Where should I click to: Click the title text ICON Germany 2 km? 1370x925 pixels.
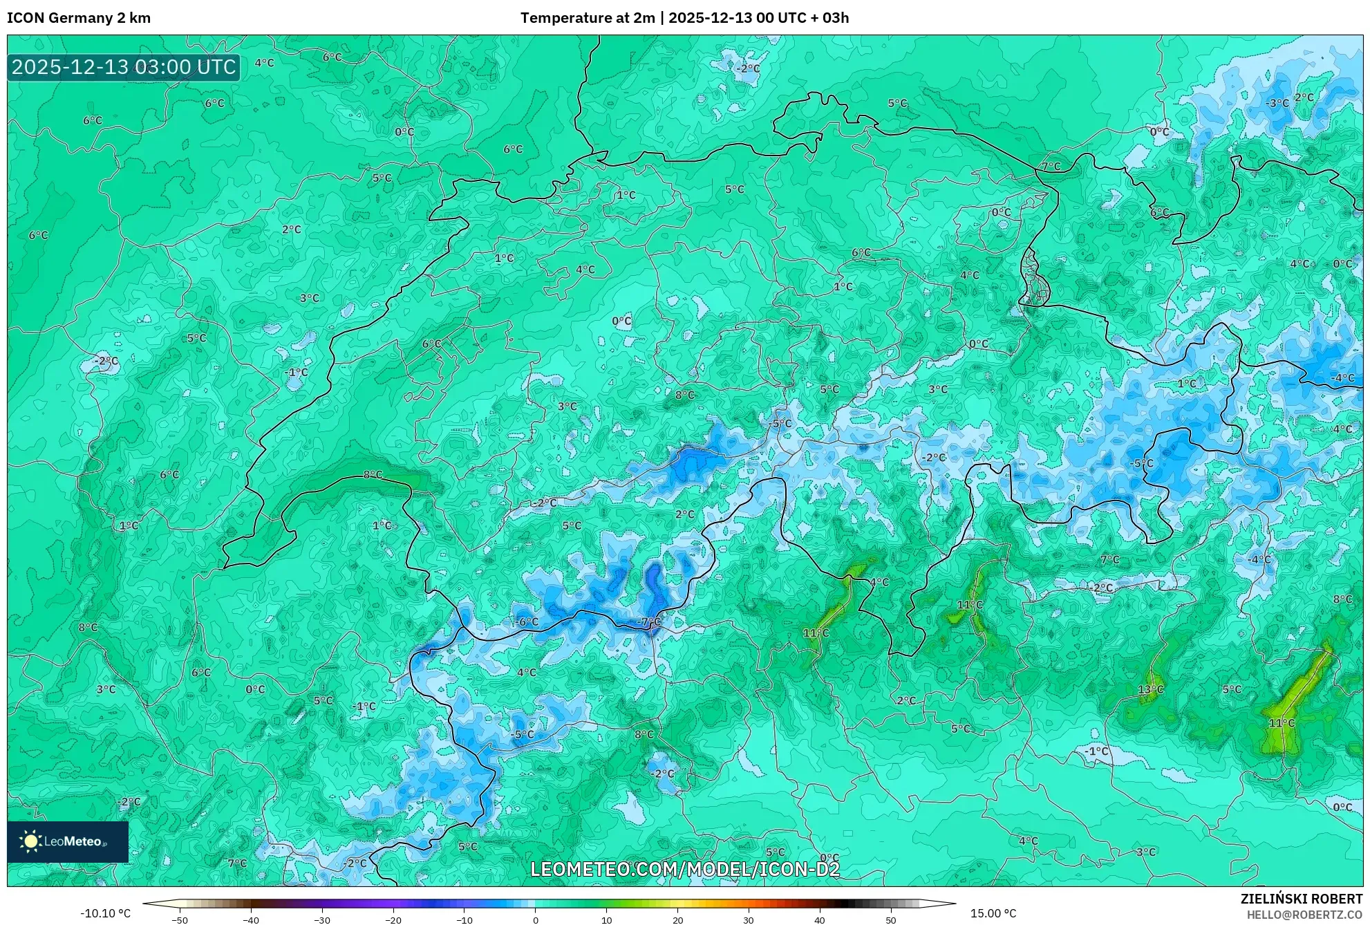tap(79, 18)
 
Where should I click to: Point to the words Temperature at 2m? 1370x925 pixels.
tap(587, 18)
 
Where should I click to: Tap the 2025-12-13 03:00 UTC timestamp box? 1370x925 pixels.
tap(124, 67)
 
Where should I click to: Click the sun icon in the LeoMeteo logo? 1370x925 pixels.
tap(30, 841)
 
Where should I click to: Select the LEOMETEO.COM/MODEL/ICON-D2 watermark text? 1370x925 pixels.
tap(685, 869)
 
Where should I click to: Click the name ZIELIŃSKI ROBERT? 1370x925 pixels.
tap(1302, 899)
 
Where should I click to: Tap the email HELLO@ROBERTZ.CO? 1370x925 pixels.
tap(1304, 915)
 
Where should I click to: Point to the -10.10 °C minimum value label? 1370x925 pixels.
tap(105, 913)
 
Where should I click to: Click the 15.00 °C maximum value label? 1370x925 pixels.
tap(993, 913)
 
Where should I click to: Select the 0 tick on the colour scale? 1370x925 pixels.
tap(535, 920)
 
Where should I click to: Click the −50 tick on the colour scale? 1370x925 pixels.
tap(180, 920)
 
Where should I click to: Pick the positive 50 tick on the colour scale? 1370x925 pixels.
tap(891, 920)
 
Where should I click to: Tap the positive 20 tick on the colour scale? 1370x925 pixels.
tap(677, 920)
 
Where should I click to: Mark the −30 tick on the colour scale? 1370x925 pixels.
tap(322, 920)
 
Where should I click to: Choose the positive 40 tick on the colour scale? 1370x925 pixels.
tap(820, 920)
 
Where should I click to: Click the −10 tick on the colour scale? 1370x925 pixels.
tap(465, 920)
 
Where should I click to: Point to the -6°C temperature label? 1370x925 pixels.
tap(527, 622)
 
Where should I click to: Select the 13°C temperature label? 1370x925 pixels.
tap(1151, 689)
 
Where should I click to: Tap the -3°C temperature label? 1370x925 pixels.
tap(1277, 103)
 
